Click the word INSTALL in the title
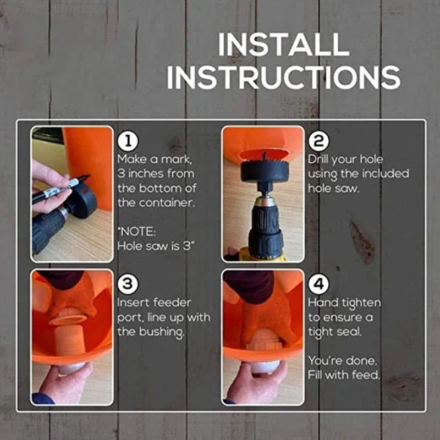[283, 45]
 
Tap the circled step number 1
[127, 141]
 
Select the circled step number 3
[127, 284]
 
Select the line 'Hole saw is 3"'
[156, 246]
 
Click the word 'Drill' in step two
[320, 159]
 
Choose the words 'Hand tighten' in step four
[344, 303]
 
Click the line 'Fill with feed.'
[344, 376]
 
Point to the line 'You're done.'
[342, 361]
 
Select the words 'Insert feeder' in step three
[154, 303]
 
